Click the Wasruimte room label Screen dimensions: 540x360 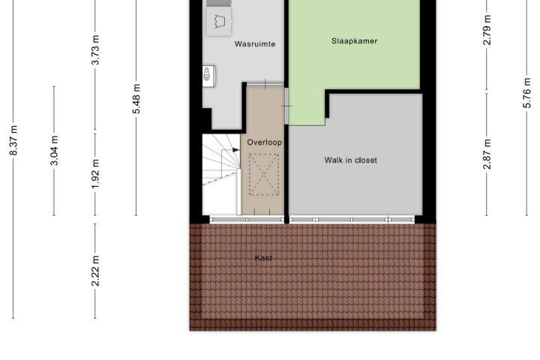255,44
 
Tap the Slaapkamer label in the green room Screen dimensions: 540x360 354,41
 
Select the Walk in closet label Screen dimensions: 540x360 350,160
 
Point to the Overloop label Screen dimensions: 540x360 264,142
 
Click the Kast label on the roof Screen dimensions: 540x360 263,258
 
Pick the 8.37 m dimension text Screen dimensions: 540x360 13,140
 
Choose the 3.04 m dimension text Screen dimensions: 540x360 54,151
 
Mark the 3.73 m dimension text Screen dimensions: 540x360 95,49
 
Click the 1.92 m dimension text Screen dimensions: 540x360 95,174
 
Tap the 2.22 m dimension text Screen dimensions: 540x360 95,271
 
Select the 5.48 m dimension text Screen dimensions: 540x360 136,98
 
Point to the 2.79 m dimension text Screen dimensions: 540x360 487,30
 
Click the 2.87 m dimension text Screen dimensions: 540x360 487,154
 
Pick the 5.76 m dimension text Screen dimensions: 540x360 527,93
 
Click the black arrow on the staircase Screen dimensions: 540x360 236,150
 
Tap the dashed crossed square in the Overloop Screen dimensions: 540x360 264,175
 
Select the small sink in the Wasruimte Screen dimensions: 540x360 208,76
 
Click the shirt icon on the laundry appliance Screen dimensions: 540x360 219,21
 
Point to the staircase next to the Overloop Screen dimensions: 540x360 221,174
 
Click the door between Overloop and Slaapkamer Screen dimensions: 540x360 286,106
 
